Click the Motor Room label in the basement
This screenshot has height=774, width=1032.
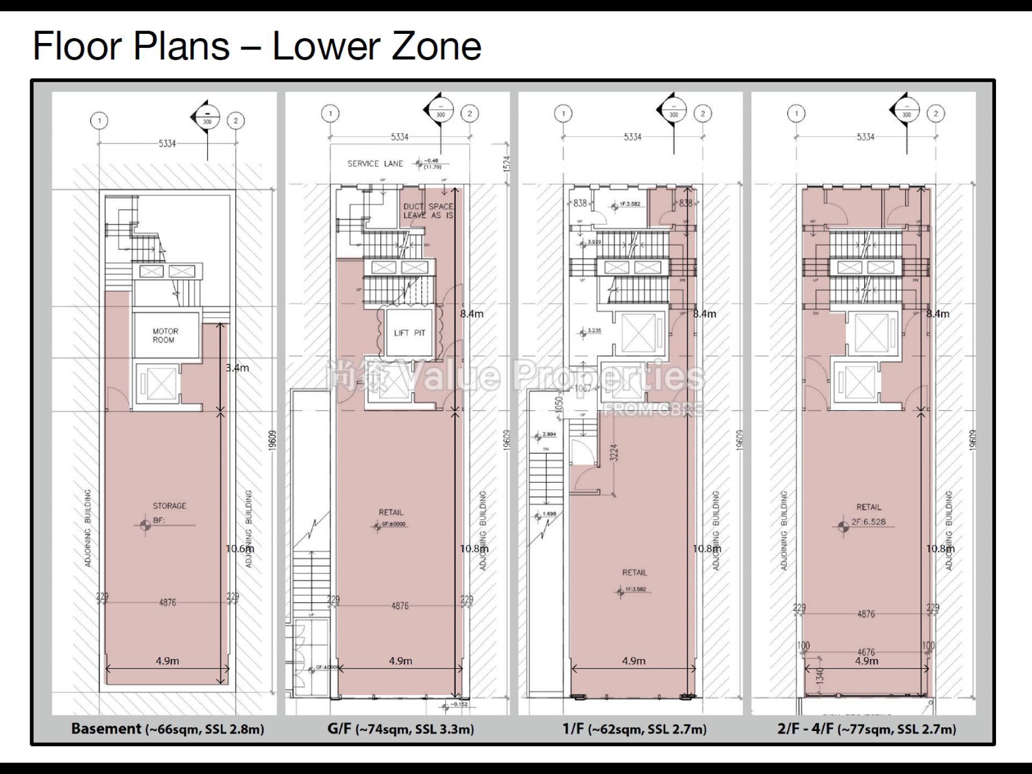[165, 335]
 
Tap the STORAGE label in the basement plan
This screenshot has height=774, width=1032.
[169, 506]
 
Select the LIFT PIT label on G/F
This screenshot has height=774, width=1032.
[409, 333]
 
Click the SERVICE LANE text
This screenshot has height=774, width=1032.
[375, 164]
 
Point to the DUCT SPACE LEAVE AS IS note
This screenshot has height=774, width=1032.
[428, 211]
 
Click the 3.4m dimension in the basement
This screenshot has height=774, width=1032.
[237, 368]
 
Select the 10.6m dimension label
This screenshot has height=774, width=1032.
[240, 549]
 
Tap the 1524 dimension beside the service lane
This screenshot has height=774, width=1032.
[507, 163]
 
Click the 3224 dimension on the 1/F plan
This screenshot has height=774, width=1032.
[614, 453]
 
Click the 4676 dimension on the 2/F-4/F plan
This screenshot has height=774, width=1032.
[865, 652]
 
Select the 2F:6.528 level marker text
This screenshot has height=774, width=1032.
[868, 522]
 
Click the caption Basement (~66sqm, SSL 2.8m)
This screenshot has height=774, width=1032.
[168, 729]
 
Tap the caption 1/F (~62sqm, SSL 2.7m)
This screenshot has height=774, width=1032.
[634, 729]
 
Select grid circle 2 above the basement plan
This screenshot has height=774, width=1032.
[235, 120]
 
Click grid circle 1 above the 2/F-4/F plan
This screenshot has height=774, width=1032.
[796, 113]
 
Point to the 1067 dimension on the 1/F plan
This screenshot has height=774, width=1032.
[583, 389]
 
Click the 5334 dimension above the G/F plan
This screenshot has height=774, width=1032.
[399, 137]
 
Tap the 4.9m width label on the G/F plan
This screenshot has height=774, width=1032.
[400, 661]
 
